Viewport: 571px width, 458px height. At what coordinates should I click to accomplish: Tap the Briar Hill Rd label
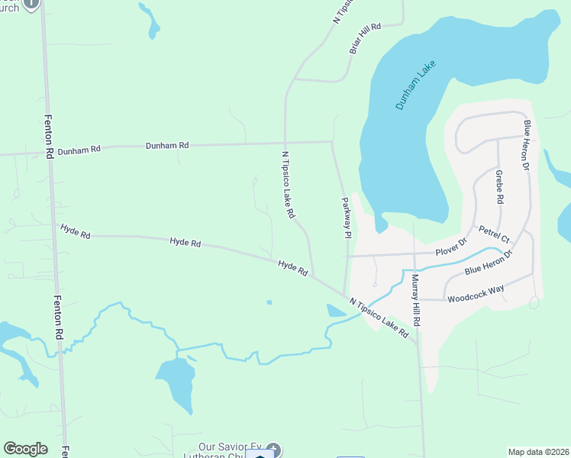click(364, 38)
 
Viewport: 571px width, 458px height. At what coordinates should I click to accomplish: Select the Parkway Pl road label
click(346, 218)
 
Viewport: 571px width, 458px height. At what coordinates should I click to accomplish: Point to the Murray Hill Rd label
click(417, 299)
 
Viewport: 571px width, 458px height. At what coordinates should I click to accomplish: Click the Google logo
click(25, 449)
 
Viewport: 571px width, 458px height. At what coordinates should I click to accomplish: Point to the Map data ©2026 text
click(538, 452)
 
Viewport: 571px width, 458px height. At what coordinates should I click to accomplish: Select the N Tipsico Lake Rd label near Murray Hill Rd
click(379, 318)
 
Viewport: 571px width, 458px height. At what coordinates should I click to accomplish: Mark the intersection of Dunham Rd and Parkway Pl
click(331, 141)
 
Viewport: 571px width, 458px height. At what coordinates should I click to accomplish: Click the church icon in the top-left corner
click(31, 3)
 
